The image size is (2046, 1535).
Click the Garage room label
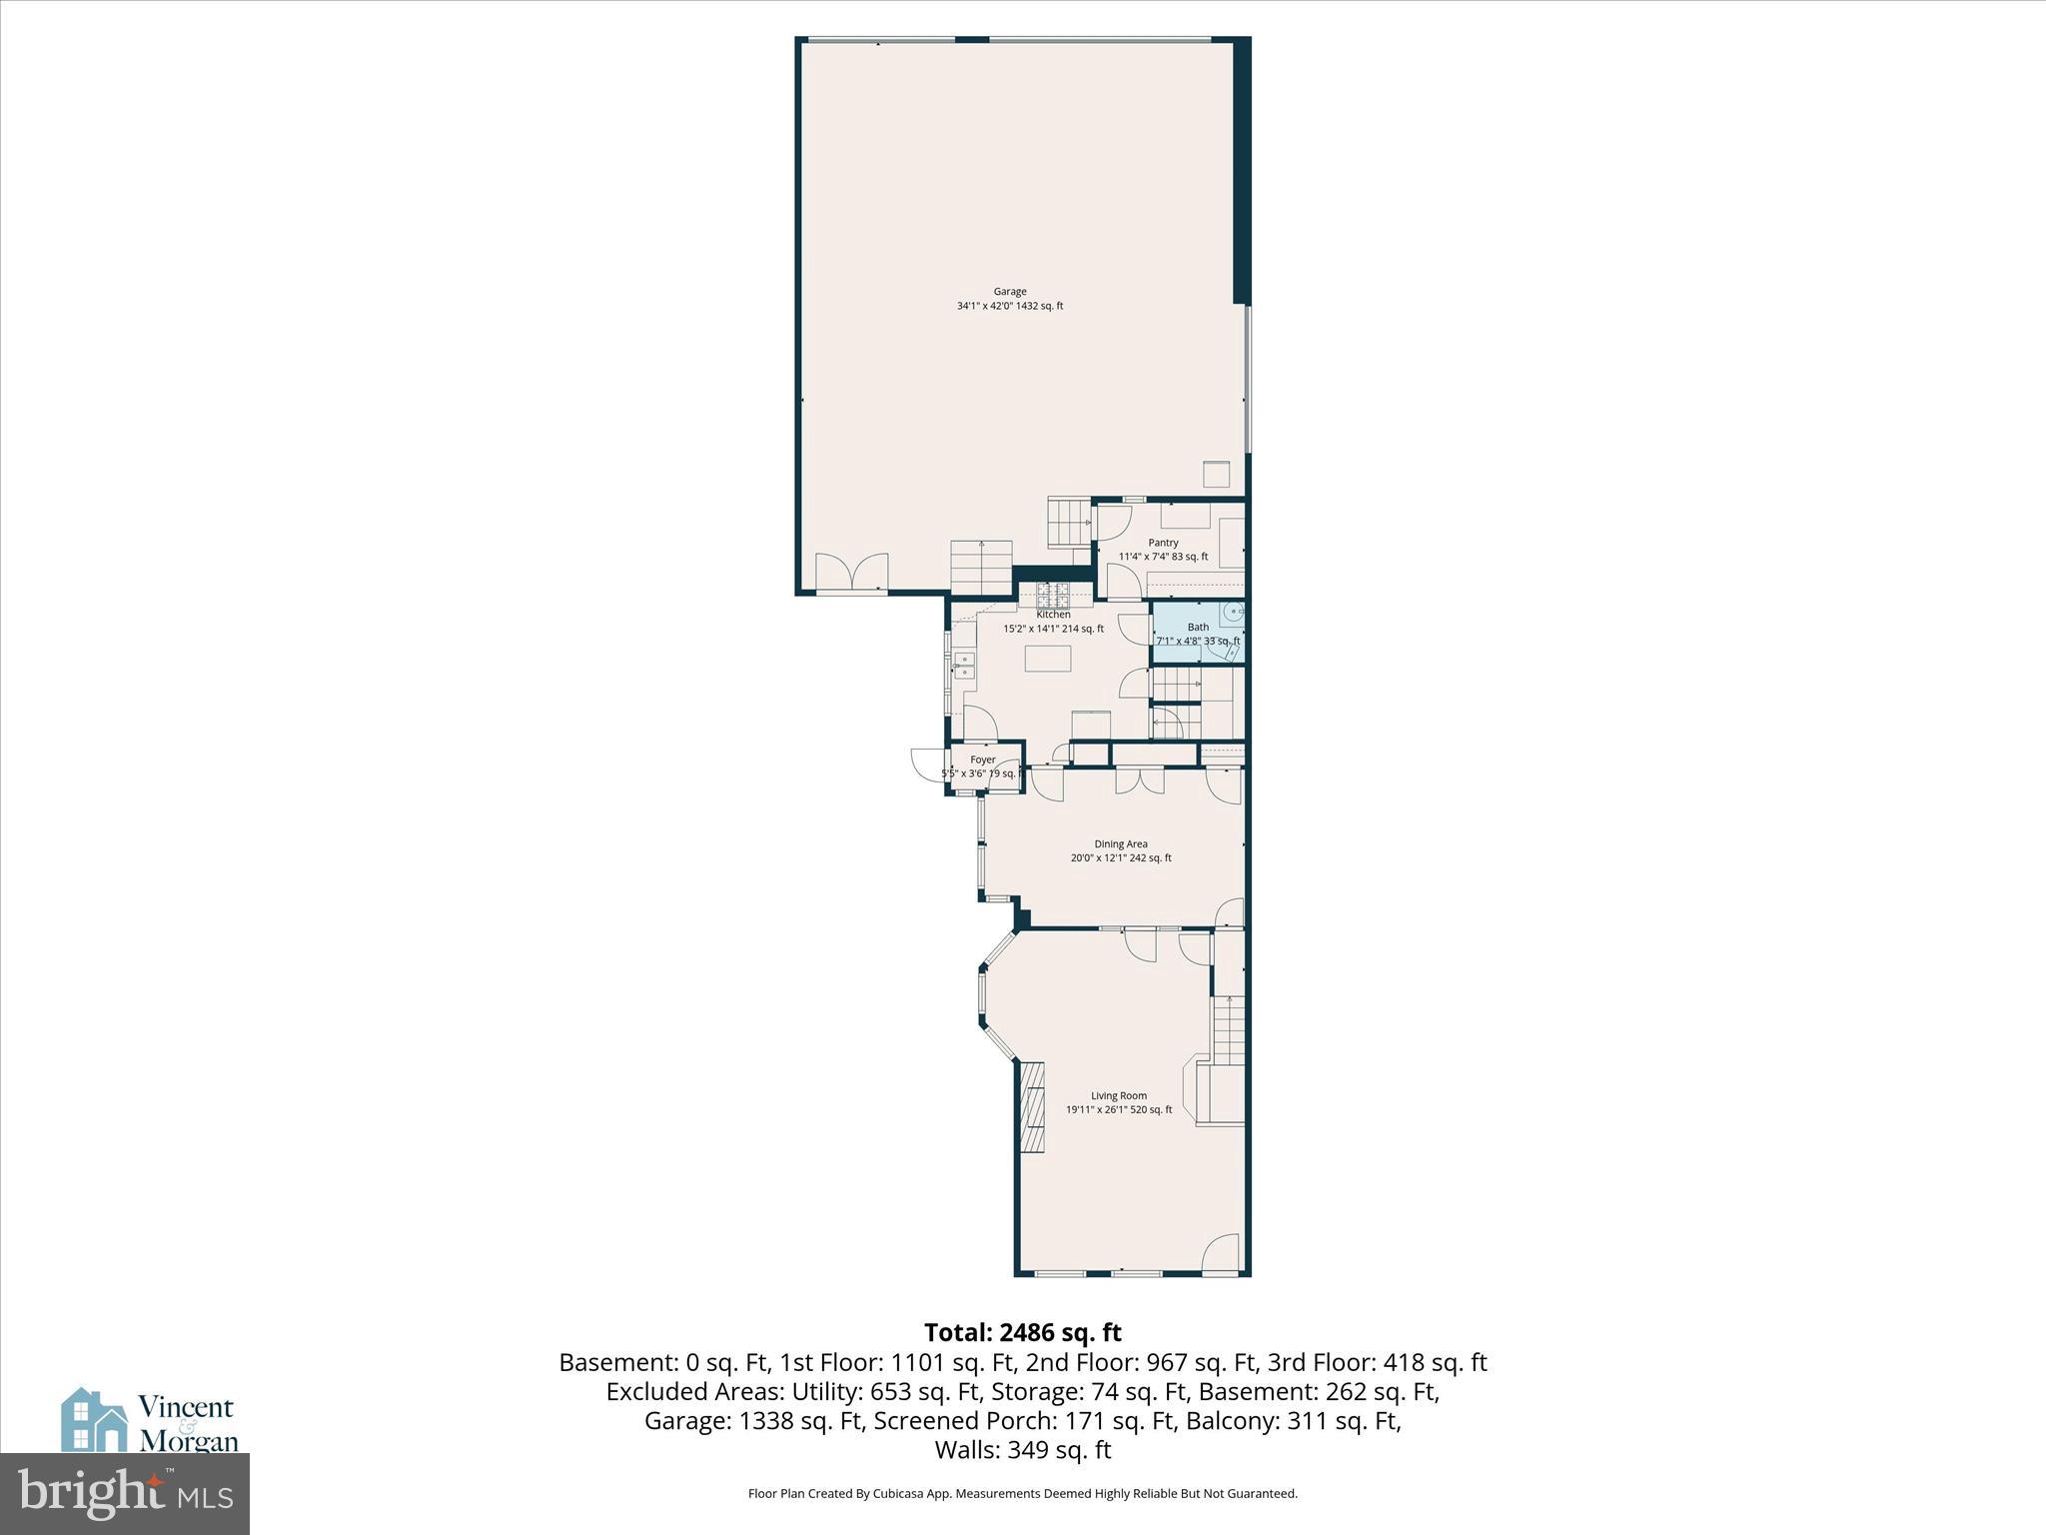1009,292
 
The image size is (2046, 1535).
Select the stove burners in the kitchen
1053,597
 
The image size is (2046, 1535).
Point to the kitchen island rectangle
1047,659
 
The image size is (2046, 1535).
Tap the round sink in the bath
1235,612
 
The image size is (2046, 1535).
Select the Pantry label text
1163,543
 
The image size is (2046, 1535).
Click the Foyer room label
982,760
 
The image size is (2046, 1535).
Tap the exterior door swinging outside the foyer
927,765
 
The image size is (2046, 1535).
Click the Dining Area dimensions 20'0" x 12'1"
1121,857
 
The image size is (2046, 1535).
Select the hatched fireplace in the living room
1032,1106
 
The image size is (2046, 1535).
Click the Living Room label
1119,1095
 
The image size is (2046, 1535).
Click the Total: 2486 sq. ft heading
1022,1332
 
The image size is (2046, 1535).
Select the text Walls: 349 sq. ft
1022,1450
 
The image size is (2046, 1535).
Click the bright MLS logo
125,1494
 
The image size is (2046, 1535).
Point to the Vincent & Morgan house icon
94,1419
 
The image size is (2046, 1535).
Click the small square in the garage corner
1217,475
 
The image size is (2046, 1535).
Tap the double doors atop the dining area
1140,780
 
